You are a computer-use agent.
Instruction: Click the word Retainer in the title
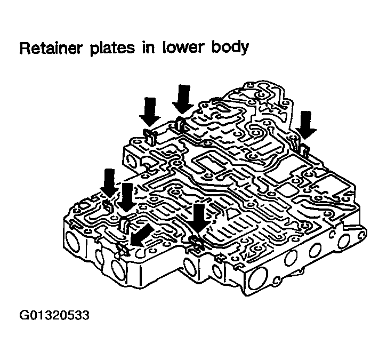[x=50, y=48]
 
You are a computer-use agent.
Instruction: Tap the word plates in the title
[x=112, y=49]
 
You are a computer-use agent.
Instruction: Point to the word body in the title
[x=230, y=49]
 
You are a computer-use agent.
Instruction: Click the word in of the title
[x=148, y=48]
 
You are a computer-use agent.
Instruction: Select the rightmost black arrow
[x=306, y=125]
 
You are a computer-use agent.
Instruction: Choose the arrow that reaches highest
[x=183, y=99]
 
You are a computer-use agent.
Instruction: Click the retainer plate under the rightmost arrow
[x=305, y=150]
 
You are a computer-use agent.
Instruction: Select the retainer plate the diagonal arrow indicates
[x=123, y=250]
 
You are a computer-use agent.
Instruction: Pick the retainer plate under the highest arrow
[x=180, y=123]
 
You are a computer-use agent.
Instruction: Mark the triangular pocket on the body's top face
[x=232, y=213]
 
